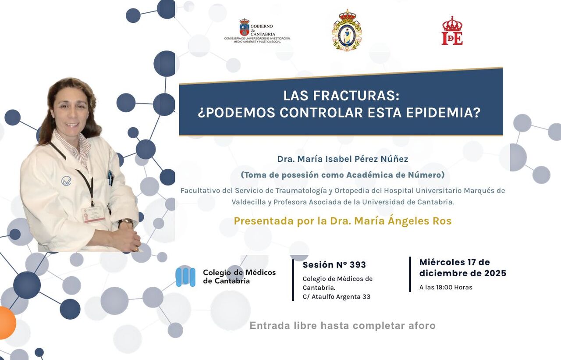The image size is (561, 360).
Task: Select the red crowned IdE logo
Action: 452,31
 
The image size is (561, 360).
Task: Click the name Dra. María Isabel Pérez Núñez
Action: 342,159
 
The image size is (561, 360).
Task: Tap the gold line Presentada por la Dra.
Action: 342,221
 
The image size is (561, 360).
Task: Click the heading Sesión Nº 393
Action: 334,265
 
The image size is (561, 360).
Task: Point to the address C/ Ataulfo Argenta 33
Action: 336,297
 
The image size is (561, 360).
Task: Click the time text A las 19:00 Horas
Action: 446,288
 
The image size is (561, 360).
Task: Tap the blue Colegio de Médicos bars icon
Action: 185,277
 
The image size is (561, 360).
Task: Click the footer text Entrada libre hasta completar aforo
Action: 342,326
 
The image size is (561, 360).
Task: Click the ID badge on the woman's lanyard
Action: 94,214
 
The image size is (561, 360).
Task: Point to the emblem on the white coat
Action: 66,181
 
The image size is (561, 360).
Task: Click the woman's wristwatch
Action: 127,223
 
